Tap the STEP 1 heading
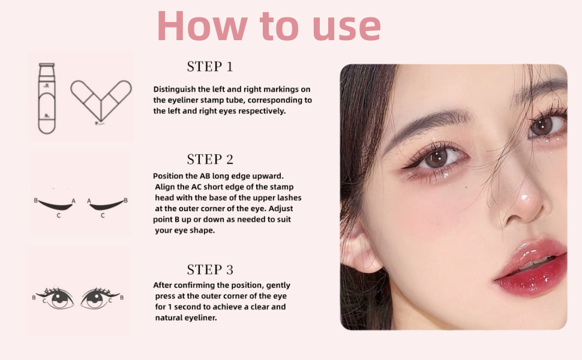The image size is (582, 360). click(210, 67)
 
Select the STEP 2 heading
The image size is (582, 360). click(210, 159)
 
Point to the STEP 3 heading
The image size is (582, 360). click(210, 270)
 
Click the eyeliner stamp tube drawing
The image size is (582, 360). click(47, 98)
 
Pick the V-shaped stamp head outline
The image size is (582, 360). click(101, 101)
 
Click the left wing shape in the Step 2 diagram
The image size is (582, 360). click(56, 205)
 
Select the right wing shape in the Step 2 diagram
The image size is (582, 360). click(107, 205)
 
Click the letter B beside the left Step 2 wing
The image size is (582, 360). click(35, 200)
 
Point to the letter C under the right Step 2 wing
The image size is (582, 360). click(103, 215)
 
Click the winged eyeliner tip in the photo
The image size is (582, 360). click(403, 168)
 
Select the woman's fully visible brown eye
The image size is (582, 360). click(437, 158)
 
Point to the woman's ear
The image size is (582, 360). click(358, 247)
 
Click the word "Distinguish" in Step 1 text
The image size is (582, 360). click(175, 89)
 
